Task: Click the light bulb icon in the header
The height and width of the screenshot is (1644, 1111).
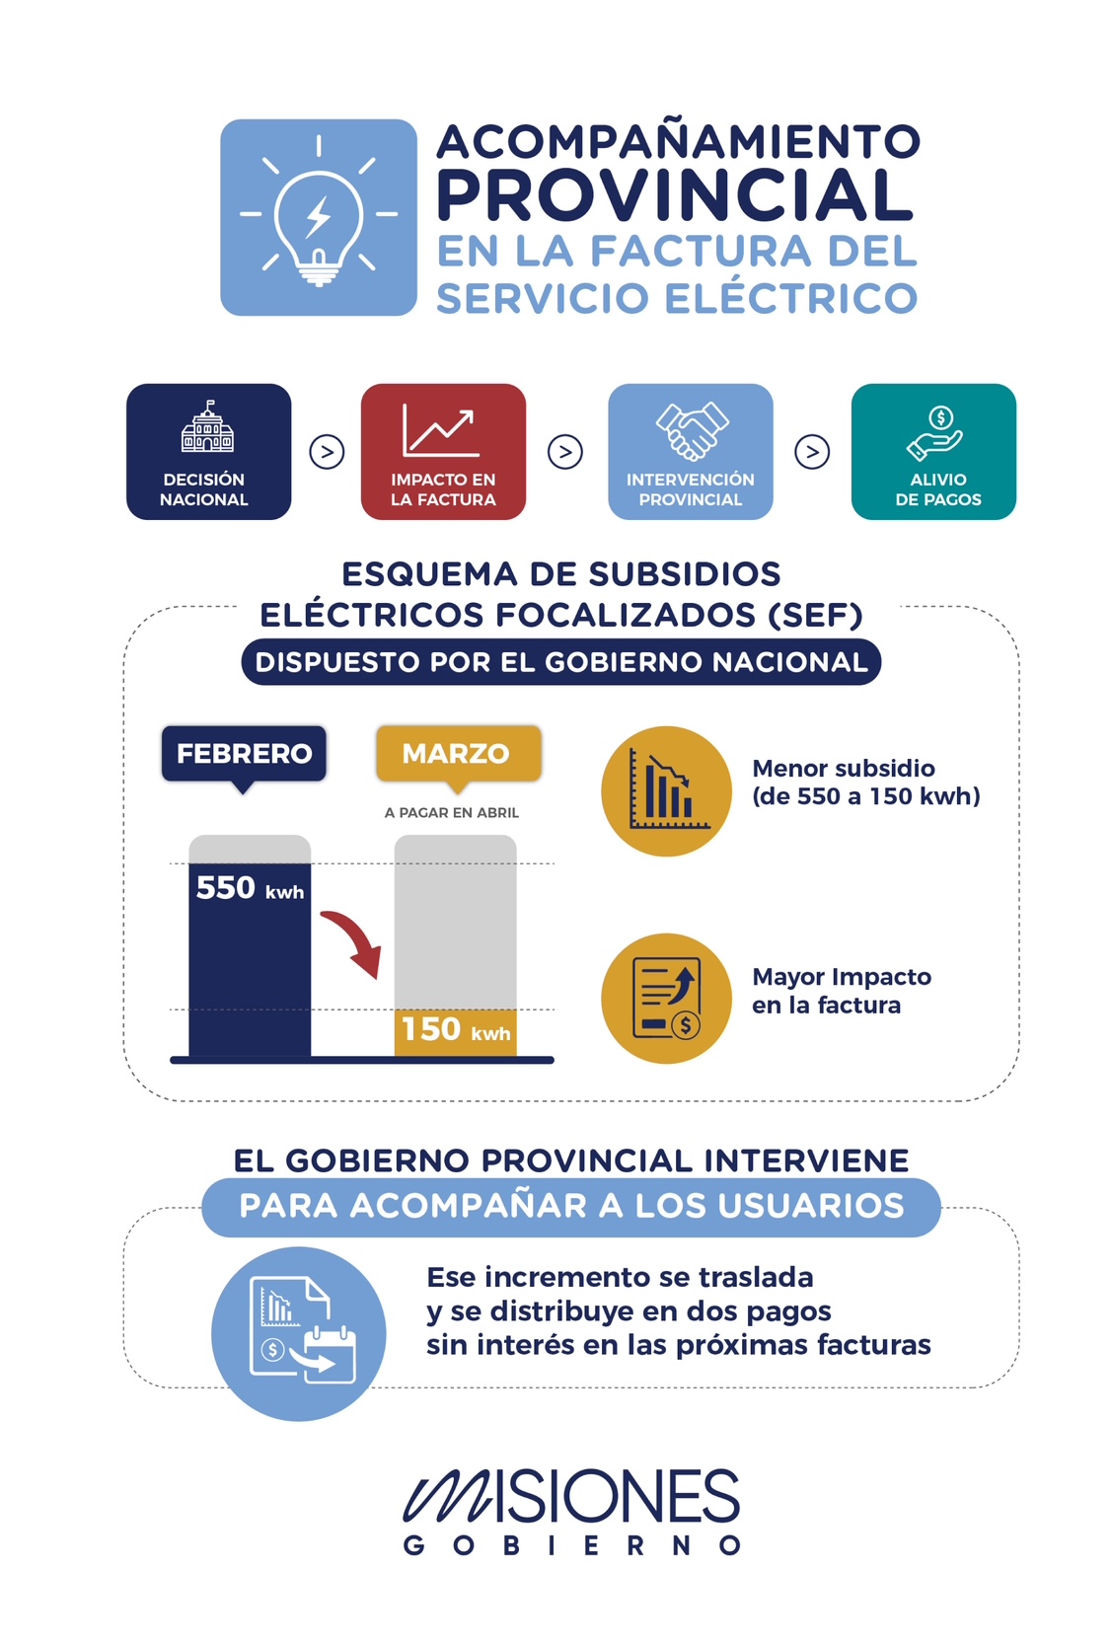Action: [x=318, y=218]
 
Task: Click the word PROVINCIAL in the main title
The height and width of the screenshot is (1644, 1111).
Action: [x=676, y=195]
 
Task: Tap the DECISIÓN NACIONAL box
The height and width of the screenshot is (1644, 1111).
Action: [x=208, y=451]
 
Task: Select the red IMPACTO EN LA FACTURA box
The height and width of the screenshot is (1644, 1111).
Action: [x=443, y=451]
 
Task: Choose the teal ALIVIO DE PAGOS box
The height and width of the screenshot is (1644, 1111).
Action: [x=933, y=451]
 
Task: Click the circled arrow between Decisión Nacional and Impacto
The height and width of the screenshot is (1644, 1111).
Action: [x=327, y=452]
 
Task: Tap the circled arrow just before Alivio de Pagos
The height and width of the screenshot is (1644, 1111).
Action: [x=812, y=452]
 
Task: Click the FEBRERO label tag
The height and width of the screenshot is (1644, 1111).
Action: [x=244, y=754]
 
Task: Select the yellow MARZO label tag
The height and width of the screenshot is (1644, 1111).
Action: [x=458, y=754]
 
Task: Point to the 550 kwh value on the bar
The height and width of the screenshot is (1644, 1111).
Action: [x=250, y=888]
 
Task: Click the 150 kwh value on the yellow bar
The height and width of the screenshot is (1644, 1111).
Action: [x=456, y=1029]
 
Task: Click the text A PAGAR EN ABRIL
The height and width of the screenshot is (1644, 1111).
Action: [x=452, y=812]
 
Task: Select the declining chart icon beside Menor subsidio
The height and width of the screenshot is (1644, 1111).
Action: [x=666, y=791]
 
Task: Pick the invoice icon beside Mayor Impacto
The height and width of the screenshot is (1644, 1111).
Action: [x=666, y=998]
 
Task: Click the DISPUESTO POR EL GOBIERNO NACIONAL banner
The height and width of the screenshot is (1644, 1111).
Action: [x=560, y=662]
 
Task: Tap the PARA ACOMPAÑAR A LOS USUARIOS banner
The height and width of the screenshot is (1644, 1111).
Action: [x=571, y=1206]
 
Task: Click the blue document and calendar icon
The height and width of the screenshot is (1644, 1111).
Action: [x=299, y=1333]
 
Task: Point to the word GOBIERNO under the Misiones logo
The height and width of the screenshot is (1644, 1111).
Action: [x=571, y=1545]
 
